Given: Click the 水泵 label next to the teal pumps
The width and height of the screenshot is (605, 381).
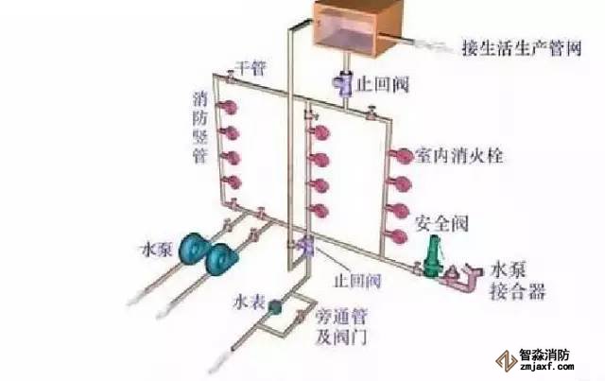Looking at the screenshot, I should [x=156, y=252].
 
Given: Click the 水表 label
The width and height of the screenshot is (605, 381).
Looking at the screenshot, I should [x=244, y=304].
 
